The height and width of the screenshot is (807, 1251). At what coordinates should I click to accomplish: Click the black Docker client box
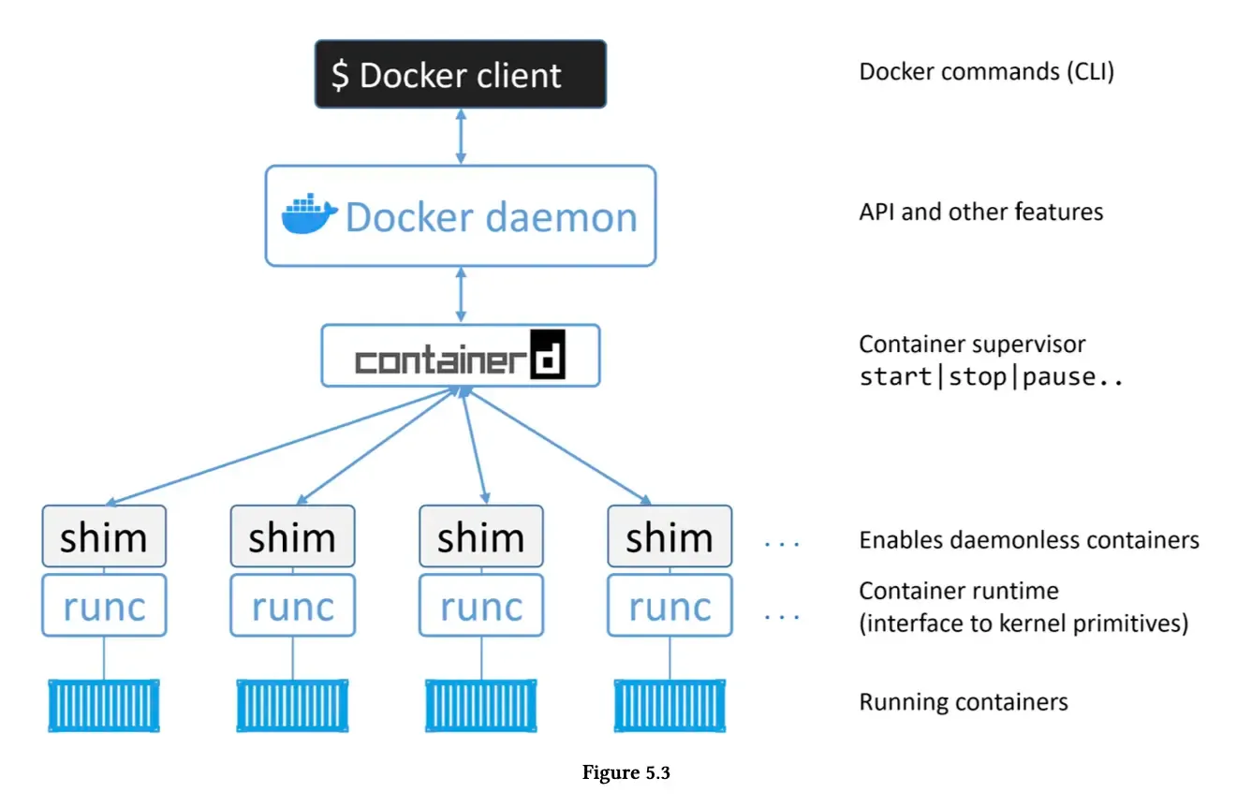(460, 74)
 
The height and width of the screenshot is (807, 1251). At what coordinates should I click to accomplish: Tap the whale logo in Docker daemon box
(310, 215)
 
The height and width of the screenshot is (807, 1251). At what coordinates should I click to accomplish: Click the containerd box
(460, 356)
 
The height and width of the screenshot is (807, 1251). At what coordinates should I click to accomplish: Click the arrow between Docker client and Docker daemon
(460, 136)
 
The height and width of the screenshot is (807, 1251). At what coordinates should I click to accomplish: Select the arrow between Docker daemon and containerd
(460, 295)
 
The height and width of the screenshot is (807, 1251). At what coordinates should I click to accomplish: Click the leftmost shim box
(104, 537)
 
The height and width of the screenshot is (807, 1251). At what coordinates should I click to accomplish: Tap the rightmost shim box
(669, 537)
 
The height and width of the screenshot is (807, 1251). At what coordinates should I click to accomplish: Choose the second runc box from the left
(292, 607)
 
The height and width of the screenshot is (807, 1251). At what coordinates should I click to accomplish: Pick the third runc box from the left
(480, 607)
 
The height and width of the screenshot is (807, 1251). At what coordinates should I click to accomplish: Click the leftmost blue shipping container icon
(104, 705)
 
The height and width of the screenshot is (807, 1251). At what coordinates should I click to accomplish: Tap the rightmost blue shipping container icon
(669, 705)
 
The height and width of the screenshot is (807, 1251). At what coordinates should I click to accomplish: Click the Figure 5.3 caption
(626, 773)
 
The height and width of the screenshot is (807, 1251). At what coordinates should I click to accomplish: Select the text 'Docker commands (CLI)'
(987, 72)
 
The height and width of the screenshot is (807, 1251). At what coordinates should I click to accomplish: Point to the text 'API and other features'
(980, 213)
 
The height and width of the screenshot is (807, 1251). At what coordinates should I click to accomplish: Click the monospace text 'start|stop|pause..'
(991, 378)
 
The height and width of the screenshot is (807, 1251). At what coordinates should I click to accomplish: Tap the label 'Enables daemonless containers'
(1029, 540)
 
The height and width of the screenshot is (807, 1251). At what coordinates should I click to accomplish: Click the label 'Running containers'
(964, 702)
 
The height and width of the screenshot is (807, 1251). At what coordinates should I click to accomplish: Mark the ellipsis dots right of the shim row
(781, 544)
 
